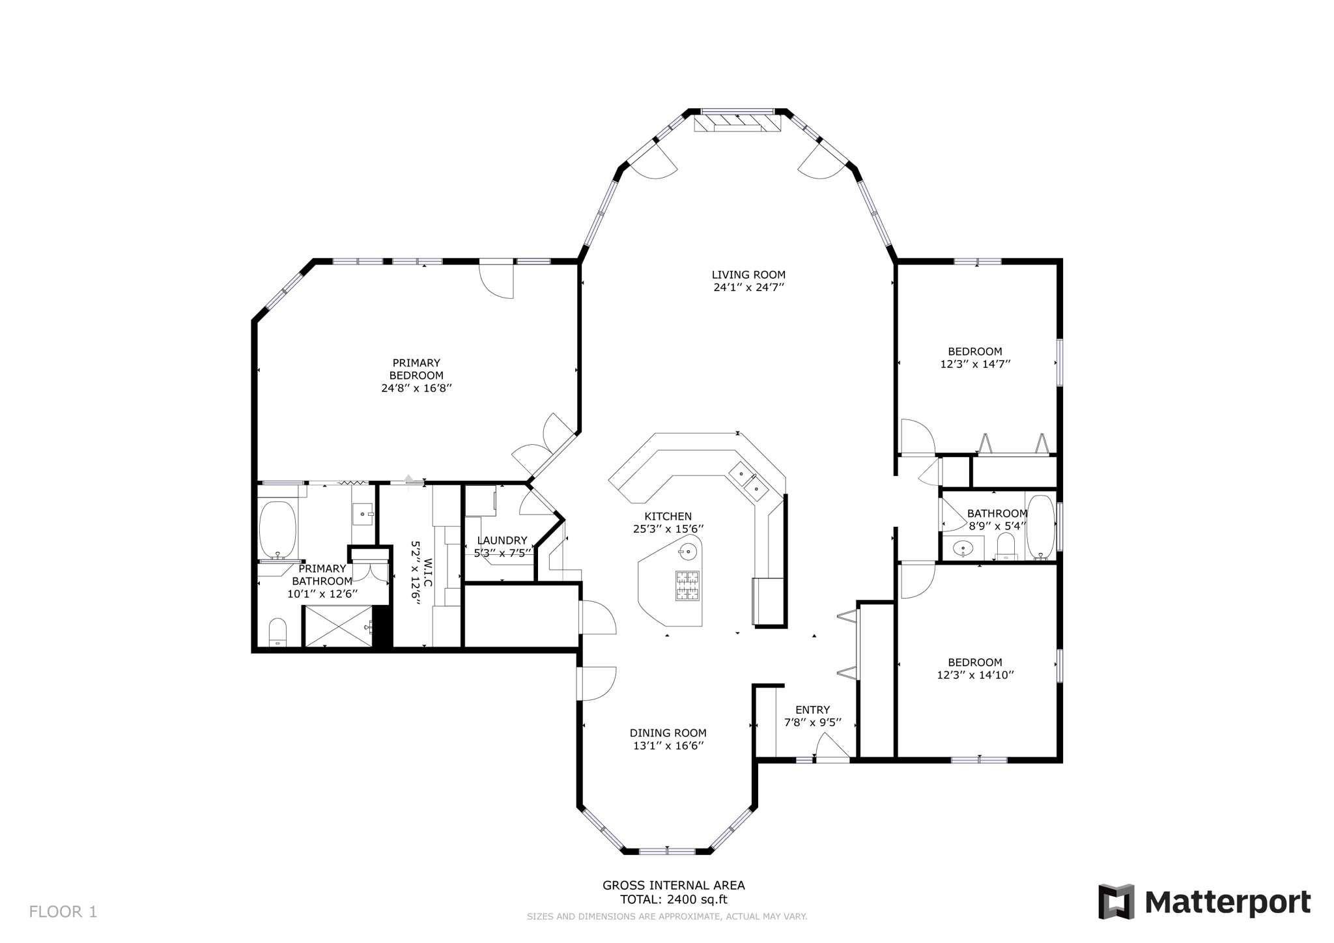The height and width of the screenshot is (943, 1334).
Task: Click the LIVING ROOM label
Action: tap(748, 275)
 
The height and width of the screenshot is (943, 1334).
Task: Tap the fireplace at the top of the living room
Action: tap(737, 123)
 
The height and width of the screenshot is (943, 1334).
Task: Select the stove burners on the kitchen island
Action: tap(687, 585)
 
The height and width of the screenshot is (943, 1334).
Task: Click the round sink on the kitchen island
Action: tap(687, 552)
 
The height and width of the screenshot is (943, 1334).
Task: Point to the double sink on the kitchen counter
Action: tap(748, 480)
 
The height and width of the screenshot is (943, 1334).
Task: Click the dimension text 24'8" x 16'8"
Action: tap(416, 388)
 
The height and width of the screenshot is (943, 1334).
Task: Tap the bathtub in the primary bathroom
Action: tap(277, 530)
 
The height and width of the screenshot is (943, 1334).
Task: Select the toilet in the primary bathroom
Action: tap(277, 631)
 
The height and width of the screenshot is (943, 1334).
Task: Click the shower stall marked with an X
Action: tap(337, 626)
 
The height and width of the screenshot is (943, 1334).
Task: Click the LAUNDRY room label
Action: tap(502, 541)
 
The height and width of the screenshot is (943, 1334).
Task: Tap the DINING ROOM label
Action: tap(668, 733)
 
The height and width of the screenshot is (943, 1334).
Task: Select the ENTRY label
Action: tap(812, 710)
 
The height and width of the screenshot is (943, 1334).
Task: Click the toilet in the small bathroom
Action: tap(1006, 546)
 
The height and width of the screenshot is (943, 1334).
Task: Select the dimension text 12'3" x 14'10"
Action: tap(975, 675)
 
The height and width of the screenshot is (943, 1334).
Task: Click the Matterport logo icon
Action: tap(1116, 901)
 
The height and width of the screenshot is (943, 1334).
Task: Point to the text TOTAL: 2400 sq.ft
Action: tap(674, 900)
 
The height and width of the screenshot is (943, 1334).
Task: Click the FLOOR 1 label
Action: tap(63, 912)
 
